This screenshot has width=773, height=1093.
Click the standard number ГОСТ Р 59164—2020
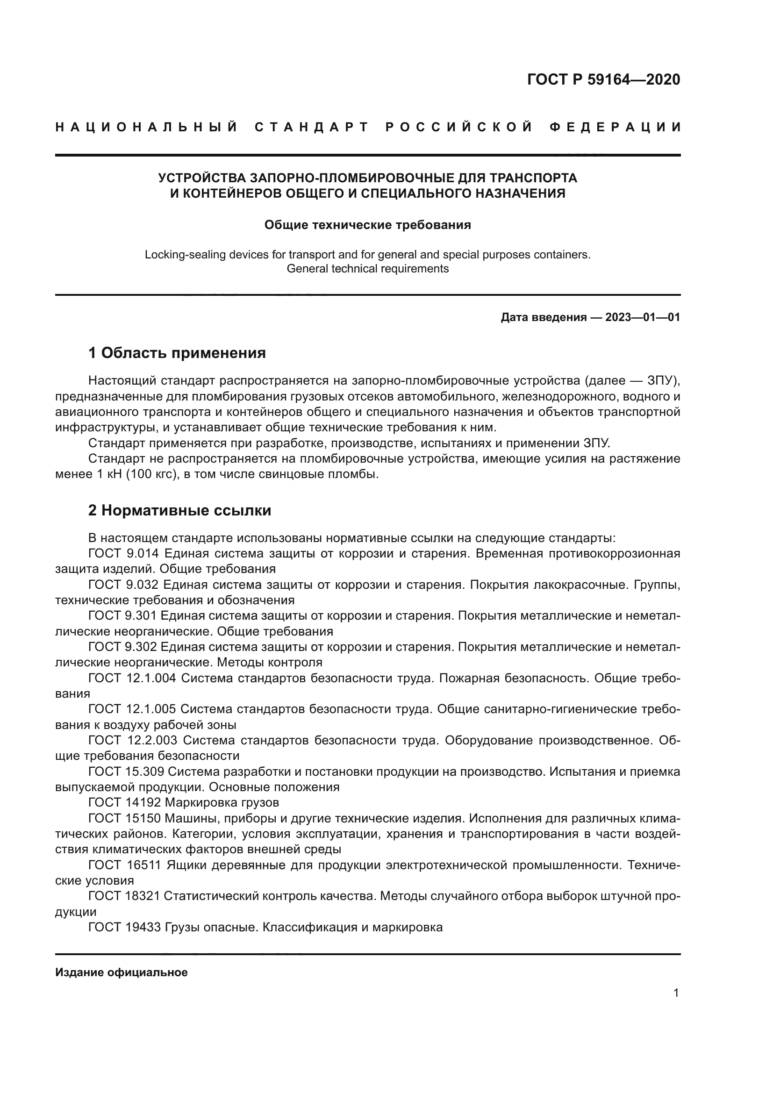tap(603, 79)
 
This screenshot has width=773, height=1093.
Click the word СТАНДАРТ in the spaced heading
tap(312, 127)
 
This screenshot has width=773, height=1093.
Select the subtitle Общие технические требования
tap(367, 225)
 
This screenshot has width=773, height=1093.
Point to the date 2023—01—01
tap(643, 317)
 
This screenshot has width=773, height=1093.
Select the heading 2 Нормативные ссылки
tap(179, 510)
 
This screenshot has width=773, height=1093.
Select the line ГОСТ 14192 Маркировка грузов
tap(183, 803)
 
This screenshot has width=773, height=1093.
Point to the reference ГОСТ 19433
tap(125, 927)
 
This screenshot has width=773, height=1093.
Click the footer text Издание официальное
tap(122, 972)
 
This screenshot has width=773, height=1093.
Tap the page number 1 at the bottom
tap(676, 993)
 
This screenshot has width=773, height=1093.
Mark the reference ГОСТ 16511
tap(125, 865)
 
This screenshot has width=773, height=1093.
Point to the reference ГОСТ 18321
tap(125, 896)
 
